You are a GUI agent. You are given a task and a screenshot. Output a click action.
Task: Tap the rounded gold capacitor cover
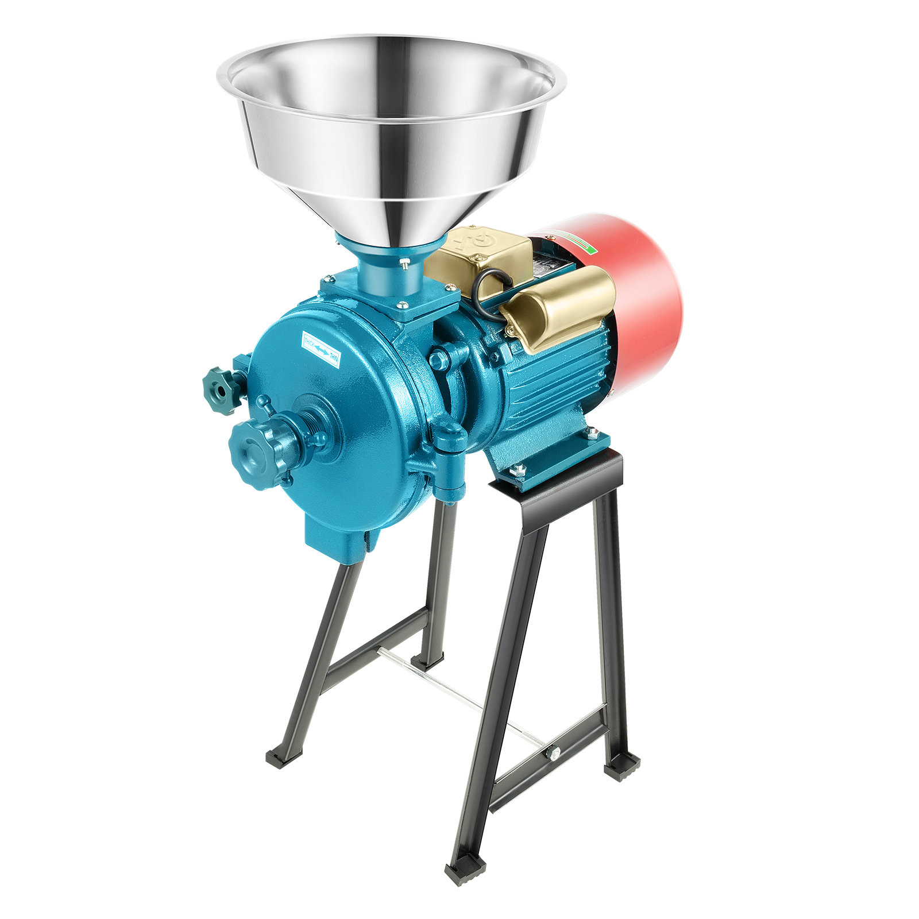560,307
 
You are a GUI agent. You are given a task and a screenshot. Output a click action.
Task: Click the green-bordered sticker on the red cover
586,244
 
